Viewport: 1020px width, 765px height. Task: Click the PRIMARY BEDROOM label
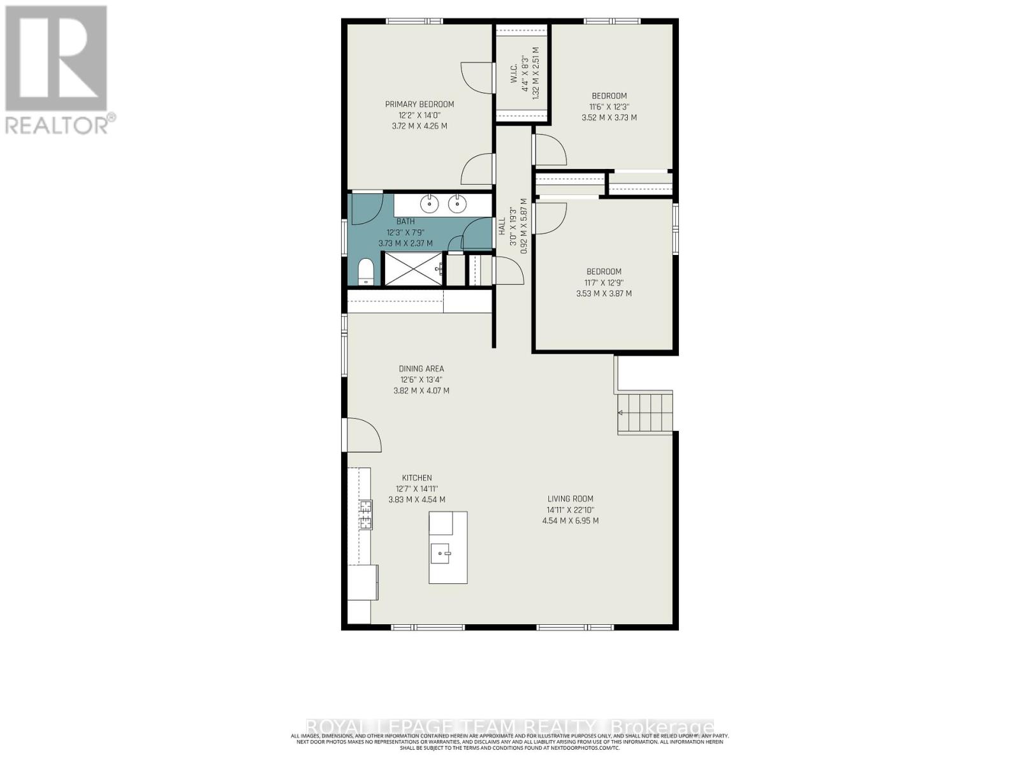419,104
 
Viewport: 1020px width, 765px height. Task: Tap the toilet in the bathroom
365,272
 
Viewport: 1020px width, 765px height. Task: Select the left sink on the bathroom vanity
429,204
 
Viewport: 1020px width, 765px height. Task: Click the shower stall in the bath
412,268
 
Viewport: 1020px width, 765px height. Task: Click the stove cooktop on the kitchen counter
366,515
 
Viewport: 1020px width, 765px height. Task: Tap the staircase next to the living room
645,412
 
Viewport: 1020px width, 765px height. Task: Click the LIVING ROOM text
570,499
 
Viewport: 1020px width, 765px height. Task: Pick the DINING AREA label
421,368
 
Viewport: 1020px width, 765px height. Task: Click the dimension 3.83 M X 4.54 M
417,500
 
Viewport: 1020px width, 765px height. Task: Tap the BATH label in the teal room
405,221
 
